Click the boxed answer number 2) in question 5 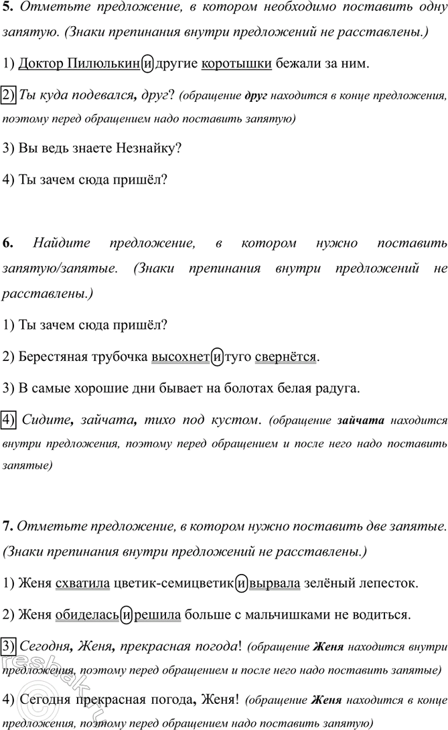[9, 95]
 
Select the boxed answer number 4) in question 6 [9, 420]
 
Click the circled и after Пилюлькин [148, 64]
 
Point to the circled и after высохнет [218, 356]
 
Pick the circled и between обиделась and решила [127, 614]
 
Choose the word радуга [339, 388]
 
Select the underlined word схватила [83, 583]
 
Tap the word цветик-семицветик [174, 583]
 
